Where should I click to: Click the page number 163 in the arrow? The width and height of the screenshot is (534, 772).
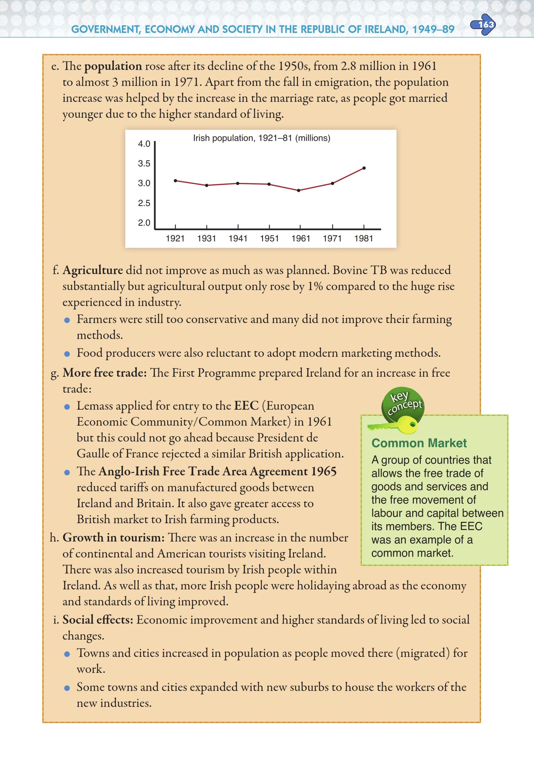(x=486, y=25)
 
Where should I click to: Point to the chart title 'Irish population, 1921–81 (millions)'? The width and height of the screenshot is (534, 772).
(x=262, y=138)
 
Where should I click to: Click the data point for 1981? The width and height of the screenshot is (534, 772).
(x=364, y=168)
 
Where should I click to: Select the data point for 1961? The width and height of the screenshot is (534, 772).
(x=299, y=190)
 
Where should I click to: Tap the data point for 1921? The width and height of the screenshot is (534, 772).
(x=176, y=181)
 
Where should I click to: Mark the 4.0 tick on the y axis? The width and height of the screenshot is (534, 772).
(x=144, y=144)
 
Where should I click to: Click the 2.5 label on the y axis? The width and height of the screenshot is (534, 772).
(x=144, y=203)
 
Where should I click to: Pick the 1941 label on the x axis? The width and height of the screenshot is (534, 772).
(x=238, y=238)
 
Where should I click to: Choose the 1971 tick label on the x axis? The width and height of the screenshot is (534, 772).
(x=332, y=238)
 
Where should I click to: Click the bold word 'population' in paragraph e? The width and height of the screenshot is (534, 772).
(x=113, y=66)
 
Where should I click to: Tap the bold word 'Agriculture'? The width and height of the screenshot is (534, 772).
(x=93, y=270)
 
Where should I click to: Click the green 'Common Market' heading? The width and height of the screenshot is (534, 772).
(x=419, y=443)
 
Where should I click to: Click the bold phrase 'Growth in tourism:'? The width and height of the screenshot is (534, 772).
(x=114, y=537)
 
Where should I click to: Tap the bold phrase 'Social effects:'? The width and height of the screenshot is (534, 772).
(x=98, y=620)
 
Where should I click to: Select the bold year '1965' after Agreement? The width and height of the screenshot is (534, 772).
(x=324, y=471)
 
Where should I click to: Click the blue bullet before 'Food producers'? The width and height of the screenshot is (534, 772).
(x=67, y=354)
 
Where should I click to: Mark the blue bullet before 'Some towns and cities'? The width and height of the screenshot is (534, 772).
(x=67, y=688)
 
